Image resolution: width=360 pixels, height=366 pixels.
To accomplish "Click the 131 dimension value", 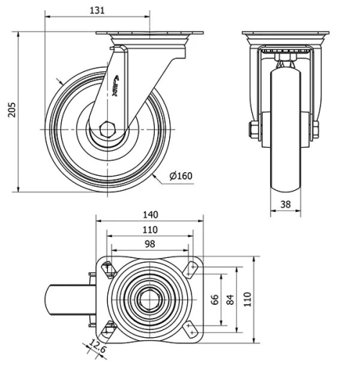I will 99,9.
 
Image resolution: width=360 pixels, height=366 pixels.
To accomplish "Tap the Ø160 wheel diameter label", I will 181,176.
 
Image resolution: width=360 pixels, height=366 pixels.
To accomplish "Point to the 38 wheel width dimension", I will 285,205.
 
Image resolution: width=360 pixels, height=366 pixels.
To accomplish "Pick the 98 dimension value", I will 150,244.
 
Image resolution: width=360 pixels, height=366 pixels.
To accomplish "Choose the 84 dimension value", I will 231,300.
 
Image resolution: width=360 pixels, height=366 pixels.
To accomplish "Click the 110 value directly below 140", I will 150,230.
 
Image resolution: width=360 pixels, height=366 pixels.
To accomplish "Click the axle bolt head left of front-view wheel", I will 254,130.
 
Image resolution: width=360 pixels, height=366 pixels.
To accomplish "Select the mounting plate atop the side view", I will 150,36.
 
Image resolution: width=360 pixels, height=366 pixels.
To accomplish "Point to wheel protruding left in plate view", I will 66,299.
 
